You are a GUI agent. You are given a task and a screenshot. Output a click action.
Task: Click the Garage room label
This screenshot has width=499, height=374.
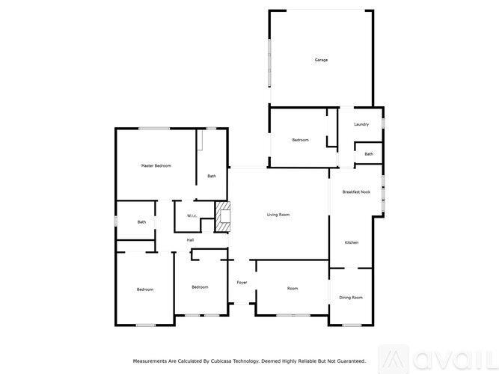321,60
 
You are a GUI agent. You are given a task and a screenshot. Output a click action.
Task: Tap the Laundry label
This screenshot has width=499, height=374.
361,124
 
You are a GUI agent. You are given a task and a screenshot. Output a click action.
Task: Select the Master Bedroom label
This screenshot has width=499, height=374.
156,165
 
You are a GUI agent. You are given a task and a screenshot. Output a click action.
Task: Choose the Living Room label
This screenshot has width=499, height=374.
278,215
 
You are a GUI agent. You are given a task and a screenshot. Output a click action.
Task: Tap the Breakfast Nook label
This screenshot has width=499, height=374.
356,192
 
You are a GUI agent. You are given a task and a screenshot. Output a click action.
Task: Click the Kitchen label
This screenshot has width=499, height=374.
352,242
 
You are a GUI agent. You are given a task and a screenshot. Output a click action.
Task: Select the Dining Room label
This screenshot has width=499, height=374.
351,297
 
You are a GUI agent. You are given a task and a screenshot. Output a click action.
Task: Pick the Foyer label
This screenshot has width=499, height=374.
242,283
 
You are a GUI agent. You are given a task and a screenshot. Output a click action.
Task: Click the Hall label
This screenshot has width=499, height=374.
191,239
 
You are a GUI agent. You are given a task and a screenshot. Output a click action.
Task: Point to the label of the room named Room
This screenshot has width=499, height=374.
293,288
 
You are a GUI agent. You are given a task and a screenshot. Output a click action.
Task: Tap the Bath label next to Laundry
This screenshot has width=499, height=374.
369,154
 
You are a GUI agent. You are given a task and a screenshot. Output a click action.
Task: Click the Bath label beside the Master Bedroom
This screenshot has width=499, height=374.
212,176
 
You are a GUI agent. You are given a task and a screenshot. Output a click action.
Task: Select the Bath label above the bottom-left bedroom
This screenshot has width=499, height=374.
141,222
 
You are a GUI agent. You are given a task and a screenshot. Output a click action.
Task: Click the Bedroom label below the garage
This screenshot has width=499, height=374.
300,140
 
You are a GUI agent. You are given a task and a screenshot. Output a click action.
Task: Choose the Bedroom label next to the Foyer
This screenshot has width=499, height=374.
199,287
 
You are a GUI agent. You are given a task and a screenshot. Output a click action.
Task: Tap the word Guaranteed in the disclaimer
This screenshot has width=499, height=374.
346,361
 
